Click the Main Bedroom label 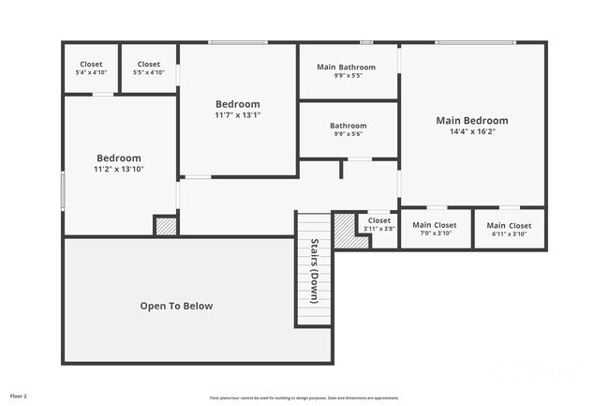[x=472, y=121]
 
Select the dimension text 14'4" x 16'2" [x=472, y=132]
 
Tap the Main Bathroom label [x=348, y=68]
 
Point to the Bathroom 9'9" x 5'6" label [x=348, y=126]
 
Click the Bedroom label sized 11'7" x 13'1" [x=237, y=104]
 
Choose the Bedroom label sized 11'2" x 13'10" [x=118, y=158]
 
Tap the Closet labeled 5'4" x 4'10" [x=91, y=64]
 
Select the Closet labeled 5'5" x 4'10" [x=148, y=64]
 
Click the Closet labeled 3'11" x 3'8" [x=379, y=221]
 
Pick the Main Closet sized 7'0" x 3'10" [x=434, y=225]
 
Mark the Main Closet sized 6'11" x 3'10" [x=509, y=225]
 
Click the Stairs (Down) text [x=314, y=272]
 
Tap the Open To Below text [x=176, y=306]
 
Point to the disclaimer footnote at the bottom [x=304, y=398]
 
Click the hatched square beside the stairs [x=345, y=230]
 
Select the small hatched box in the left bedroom [x=165, y=226]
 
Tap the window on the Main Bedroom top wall [x=474, y=42]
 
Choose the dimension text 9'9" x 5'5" [x=348, y=76]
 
